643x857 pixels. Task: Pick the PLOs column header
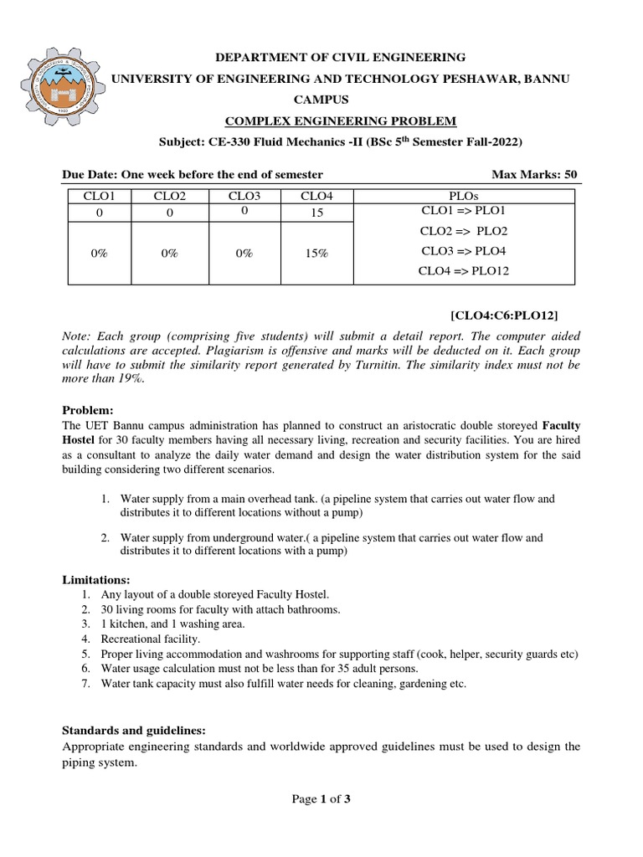tap(464, 196)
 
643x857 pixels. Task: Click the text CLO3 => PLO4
tap(464, 251)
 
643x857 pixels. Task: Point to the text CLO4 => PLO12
tap(464, 270)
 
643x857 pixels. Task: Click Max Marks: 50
tap(534, 174)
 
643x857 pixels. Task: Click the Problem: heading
tap(88, 410)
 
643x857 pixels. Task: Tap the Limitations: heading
tap(97, 579)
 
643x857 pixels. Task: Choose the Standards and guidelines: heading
tap(135, 729)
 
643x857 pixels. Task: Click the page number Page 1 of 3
tap(321, 799)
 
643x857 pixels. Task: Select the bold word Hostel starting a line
tap(82, 439)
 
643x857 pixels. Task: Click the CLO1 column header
tap(99, 196)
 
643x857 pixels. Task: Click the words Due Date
tap(90, 174)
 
